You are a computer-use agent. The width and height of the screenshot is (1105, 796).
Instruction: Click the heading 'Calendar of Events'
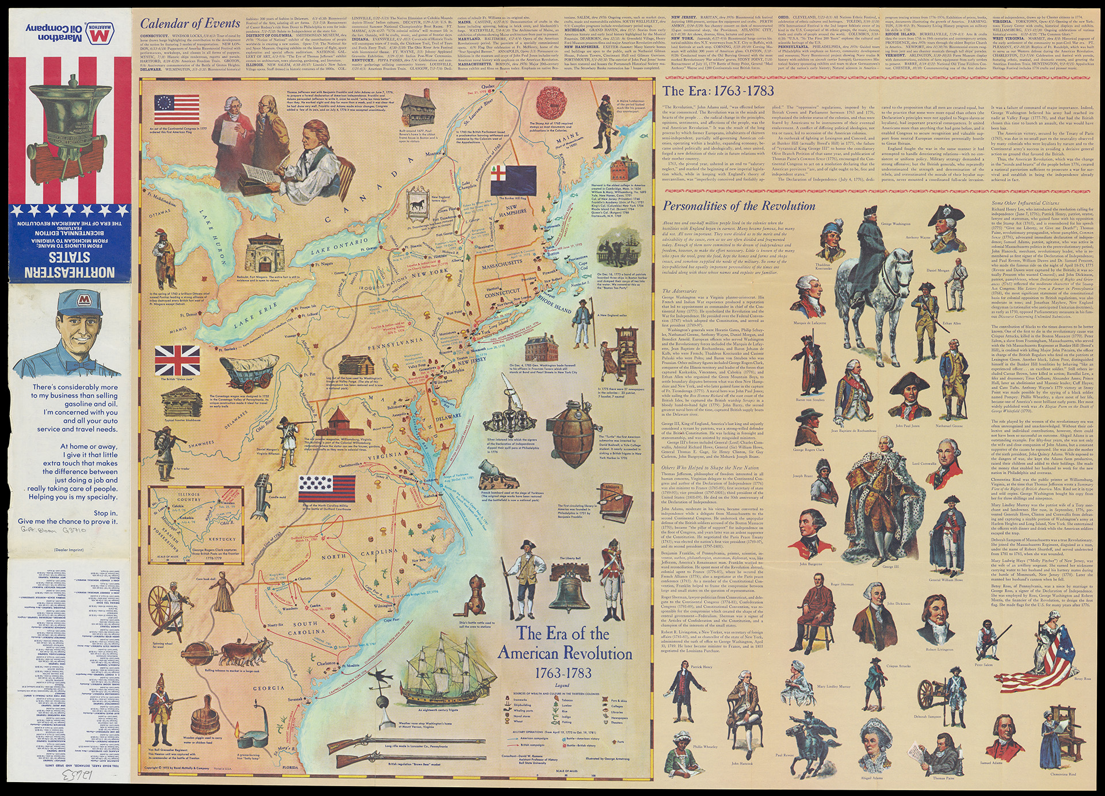pyautogui.click(x=190, y=24)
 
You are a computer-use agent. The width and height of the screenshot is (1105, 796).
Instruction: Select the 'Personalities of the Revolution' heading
pyautogui.click(x=739, y=206)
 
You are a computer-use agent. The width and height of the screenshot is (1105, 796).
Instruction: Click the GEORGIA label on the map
pyautogui.click(x=268, y=688)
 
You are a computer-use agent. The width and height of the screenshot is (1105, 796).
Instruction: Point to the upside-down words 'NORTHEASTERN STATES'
pyautogui.click(x=66, y=265)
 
